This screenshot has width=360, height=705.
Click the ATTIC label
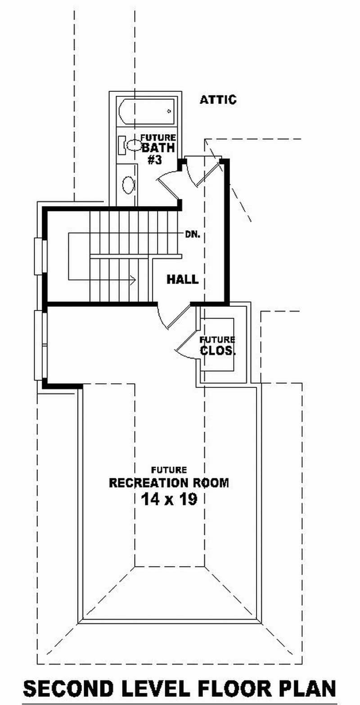[x=218, y=100]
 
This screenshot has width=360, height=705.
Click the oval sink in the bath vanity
[x=128, y=185]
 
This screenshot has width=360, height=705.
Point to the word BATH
[x=158, y=148]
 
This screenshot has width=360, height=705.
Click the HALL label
[x=183, y=279]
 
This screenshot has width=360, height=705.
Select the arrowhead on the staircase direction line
[x=133, y=280]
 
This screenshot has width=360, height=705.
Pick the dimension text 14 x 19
[x=169, y=499]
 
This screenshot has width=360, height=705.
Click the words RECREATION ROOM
[x=169, y=483]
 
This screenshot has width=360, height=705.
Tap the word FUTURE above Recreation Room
[x=169, y=470]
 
